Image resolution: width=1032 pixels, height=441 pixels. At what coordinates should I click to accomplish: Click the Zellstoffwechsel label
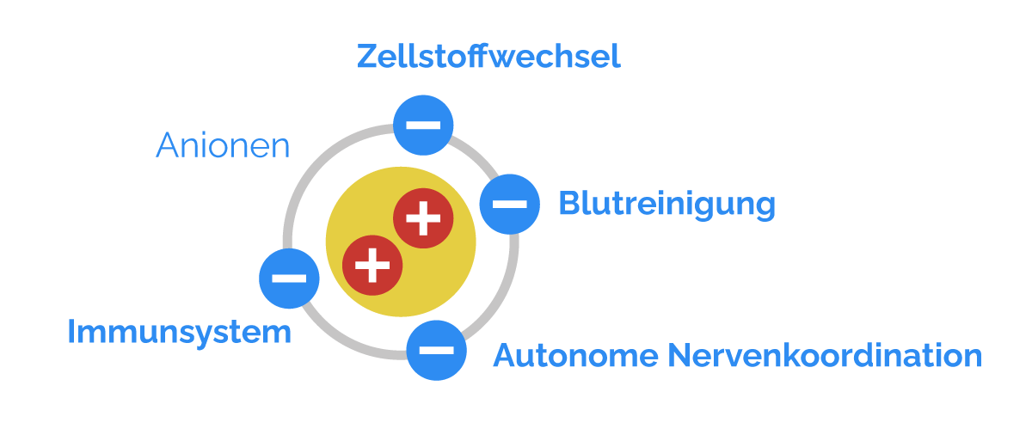click(488, 58)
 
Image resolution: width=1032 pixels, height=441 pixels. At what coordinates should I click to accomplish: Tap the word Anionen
click(223, 146)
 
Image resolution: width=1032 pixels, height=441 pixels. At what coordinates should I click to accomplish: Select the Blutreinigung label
click(666, 205)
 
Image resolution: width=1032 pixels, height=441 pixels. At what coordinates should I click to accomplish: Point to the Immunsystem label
click(179, 333)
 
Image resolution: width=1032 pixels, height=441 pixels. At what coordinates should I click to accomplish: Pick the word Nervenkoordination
click(825, 356)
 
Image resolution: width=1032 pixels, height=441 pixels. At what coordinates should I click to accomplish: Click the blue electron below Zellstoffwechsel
click(423, 125)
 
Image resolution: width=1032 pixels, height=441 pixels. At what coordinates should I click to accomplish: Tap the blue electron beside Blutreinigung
click(509, 204)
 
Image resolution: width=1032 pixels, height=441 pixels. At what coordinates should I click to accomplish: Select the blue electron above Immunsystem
click(289, 279)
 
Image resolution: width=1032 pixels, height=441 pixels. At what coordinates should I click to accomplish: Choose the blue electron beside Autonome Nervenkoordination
click(436, 349)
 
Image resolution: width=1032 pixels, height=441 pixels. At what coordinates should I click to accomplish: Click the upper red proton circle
click(423, 218)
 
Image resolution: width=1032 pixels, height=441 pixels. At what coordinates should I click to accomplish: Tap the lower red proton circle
click(372, 264)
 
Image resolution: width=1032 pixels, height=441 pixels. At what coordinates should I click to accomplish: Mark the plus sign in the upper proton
click(423, 218)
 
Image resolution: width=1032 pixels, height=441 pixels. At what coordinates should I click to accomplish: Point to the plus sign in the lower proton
click(372, 264)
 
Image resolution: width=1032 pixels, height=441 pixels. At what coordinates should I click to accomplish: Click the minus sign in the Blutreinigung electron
click(509, 204)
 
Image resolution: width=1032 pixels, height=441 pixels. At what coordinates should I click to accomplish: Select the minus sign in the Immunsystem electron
click(289, 279)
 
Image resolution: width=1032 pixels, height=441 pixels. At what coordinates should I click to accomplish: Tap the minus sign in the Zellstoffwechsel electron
click(423, 125)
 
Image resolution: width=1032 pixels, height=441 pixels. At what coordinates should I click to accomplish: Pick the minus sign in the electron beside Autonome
click(436, 349)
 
